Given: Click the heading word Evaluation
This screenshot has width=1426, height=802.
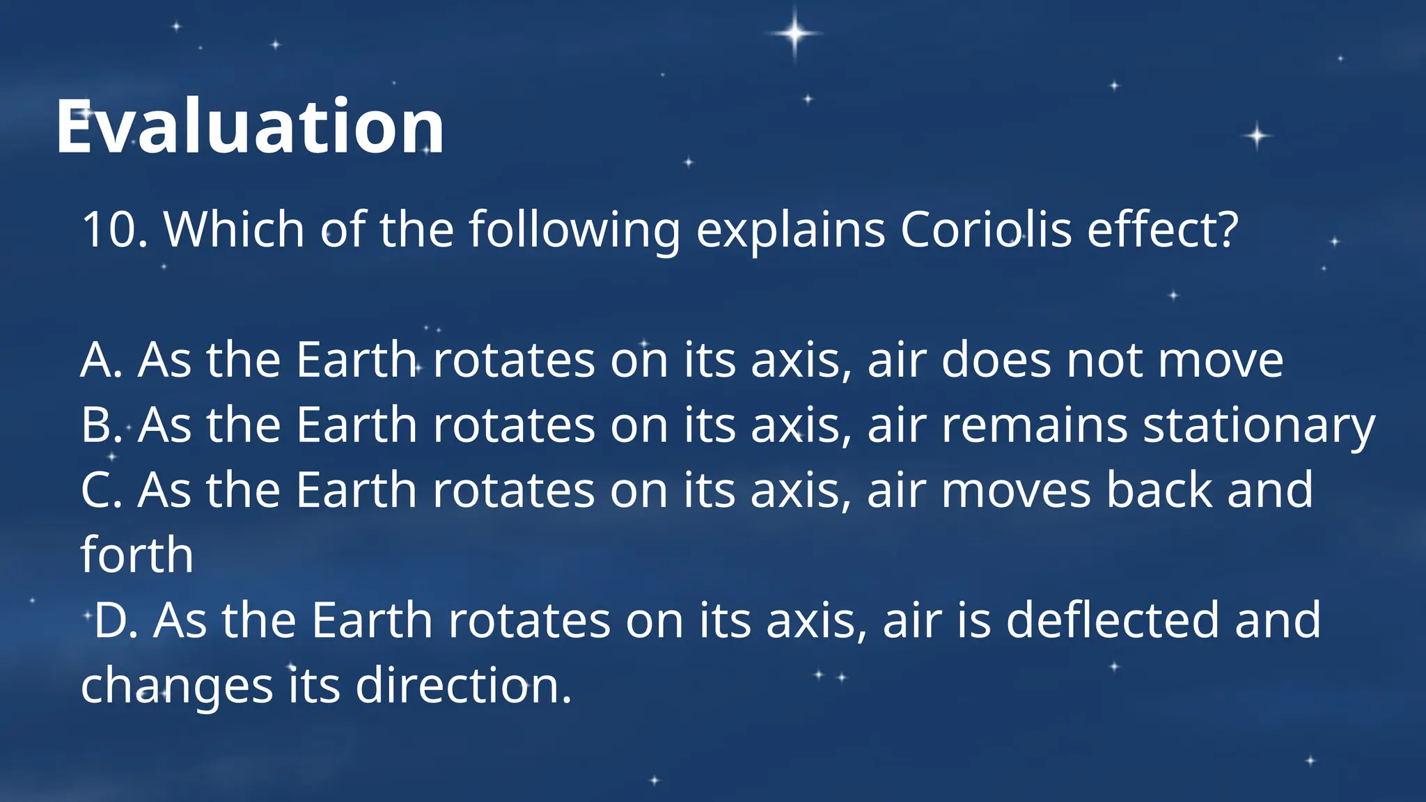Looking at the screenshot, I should pyautogui.click(x=249, y=127).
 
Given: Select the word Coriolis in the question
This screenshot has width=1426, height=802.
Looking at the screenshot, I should pyautogui.click(x=985, y=229).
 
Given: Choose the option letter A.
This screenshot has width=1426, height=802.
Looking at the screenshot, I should pyautogui.click(x=101, y=361).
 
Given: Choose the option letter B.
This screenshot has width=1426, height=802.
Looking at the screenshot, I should pyautogui.click(x=100, y=425).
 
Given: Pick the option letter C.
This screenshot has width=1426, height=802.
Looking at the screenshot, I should pyautogui.click(x=101, y=490).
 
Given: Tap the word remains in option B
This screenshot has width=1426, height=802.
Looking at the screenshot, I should pyautogui.click(x=1034, y=425).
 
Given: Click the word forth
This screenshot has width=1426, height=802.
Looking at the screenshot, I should pyautogui.click(x=136, y=555).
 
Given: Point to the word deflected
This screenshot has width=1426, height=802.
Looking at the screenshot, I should pyautogui.click(x=1113, y=620).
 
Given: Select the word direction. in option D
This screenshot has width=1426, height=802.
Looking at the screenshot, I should pyautogui.click(x=464, y=685).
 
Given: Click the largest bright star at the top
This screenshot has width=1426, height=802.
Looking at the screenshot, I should pyautogui.click(x=794, y=33).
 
